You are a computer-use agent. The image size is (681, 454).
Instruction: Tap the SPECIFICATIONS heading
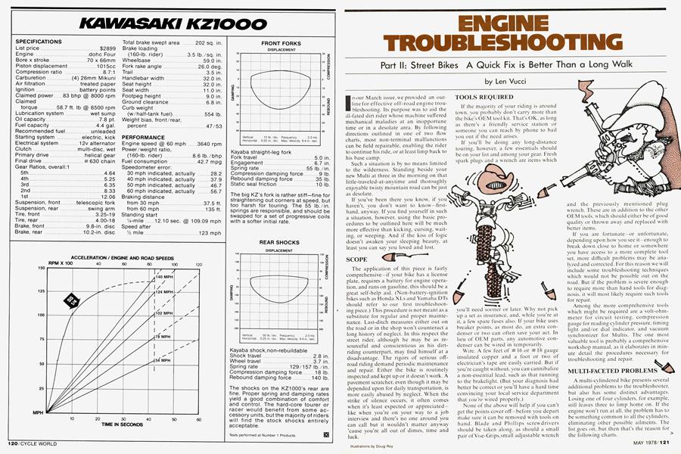pos(34,41)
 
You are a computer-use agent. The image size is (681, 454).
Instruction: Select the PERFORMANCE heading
pos(144,138)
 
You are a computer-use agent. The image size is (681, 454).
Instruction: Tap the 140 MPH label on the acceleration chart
pos(165,277)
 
